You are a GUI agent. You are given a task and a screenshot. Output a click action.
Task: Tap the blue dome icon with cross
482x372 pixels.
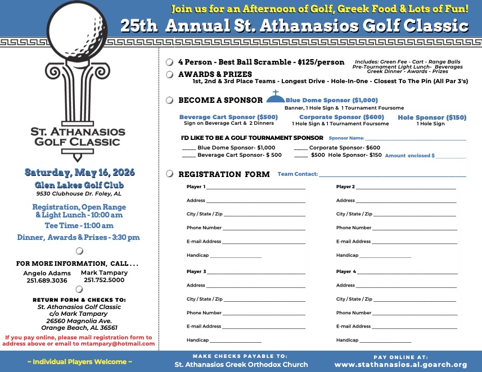275,98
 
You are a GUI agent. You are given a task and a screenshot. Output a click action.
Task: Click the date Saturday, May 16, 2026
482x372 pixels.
79,172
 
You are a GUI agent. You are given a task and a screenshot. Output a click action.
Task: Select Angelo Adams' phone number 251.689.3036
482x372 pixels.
47,280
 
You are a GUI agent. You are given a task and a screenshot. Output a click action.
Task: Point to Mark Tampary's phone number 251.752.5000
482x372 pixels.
104,280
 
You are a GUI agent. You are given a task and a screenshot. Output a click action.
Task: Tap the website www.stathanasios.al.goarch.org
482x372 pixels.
400,365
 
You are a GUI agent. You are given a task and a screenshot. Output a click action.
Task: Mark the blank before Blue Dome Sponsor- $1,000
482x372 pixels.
188,148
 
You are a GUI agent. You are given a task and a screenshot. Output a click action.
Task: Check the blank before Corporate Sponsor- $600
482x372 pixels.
300,148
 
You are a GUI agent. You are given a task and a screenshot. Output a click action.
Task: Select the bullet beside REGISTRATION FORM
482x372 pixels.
169,174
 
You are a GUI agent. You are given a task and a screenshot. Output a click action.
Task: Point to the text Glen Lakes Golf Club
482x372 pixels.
79,185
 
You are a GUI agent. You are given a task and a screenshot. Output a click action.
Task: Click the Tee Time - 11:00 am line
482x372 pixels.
79,225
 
